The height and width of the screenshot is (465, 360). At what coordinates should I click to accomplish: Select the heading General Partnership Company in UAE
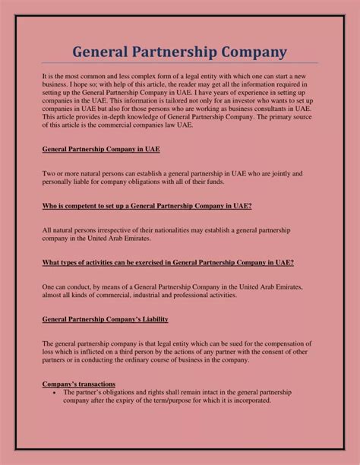click(100, 150)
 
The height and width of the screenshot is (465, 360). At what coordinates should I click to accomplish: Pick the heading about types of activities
click(168, 262)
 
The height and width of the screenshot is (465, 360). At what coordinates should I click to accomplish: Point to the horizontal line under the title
click(180, 63)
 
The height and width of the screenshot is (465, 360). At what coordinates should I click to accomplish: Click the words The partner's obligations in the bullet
click(97, 393)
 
